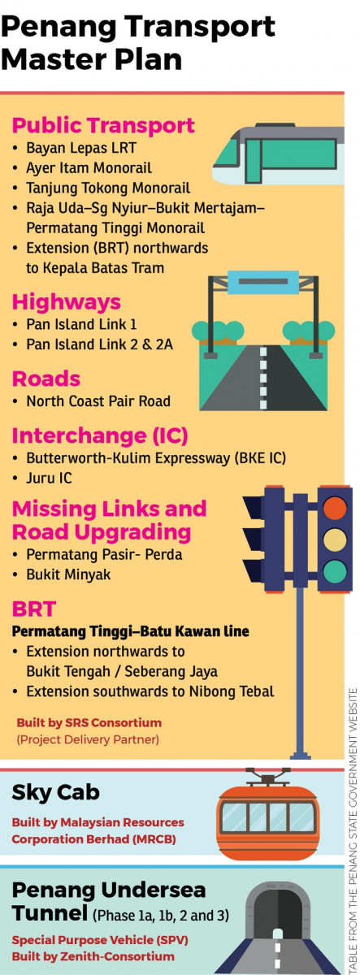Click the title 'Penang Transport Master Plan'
pyautogui.click(x=138, y=42)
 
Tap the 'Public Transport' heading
pyautogui.click(x=103, y=125)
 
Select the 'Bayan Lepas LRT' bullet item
pyautogui.click(x=81, y=148)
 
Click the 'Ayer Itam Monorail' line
pyautogui.click(x=89, y=168)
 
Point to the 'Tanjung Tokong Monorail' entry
pyautogui.click(x=108, y=188)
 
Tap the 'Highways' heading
pyautogui.click(x=66, y=302)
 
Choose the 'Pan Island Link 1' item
pyautogui.click(x=81, y=324)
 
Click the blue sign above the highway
pyautogui.click(x=263, y=282)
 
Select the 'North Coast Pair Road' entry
pyautogui.click(x=98, y=401)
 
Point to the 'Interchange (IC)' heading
pyautogui.click(x=100, y=435)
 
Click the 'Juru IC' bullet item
pyautogui.click(x=49, y=478)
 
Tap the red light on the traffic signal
pyautogui.click(x=335, y=508)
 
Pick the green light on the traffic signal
pyautogui.click(x=335, y=571)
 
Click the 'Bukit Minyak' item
pyautogui.click(x=68, y=574)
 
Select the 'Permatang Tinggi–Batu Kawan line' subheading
pyautogui.click(x=131, y=631)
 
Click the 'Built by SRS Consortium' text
pyautogui.click(x=89, y=722)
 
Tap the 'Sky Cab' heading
pyautogui.click(x=56, y=792)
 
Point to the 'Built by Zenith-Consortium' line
pyautogui.click(x=93, y=956)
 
